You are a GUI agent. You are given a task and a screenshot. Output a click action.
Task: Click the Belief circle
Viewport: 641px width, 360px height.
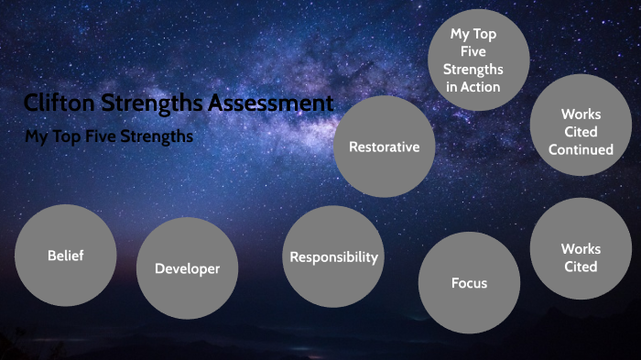(x=65, y=256)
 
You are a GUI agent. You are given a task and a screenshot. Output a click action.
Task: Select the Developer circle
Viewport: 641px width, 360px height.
(x=187, y=268)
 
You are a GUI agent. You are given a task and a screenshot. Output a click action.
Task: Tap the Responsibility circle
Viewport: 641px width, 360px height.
(x=333, y=256)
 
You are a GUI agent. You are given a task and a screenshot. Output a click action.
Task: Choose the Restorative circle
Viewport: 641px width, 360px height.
(x=384, y=147)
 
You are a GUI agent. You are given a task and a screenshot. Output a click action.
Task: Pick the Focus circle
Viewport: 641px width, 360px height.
(x=469, y=282)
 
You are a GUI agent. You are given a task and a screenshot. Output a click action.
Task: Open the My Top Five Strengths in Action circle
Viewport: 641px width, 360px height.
(x=479, y=60)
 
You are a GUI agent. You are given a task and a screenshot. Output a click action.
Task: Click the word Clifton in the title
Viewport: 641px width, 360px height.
(x=58, y=104)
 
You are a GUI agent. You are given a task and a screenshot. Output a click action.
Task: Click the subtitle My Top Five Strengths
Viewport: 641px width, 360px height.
(x=109, y=136)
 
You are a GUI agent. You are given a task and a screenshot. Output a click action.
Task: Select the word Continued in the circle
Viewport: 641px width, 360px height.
(x=581, y=148)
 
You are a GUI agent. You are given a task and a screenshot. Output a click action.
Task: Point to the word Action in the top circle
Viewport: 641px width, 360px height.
(x=483, y=87)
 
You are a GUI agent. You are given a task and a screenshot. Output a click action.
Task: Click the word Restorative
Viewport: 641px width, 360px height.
(x=384, y=147)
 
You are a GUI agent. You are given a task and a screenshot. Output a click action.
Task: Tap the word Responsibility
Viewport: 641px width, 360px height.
(x=333, y=256)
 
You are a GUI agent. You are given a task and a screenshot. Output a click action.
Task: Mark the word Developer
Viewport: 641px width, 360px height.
(x=187, y=268)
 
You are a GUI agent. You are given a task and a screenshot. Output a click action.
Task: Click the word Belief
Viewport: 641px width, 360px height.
(x=65, y=256)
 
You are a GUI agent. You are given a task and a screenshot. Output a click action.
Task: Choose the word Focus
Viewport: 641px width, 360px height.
(x=469, y=282)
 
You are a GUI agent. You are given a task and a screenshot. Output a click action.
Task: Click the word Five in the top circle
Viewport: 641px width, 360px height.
(x=473, y=52)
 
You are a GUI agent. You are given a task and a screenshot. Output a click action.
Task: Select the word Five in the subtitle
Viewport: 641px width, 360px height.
(x=106, y=136)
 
